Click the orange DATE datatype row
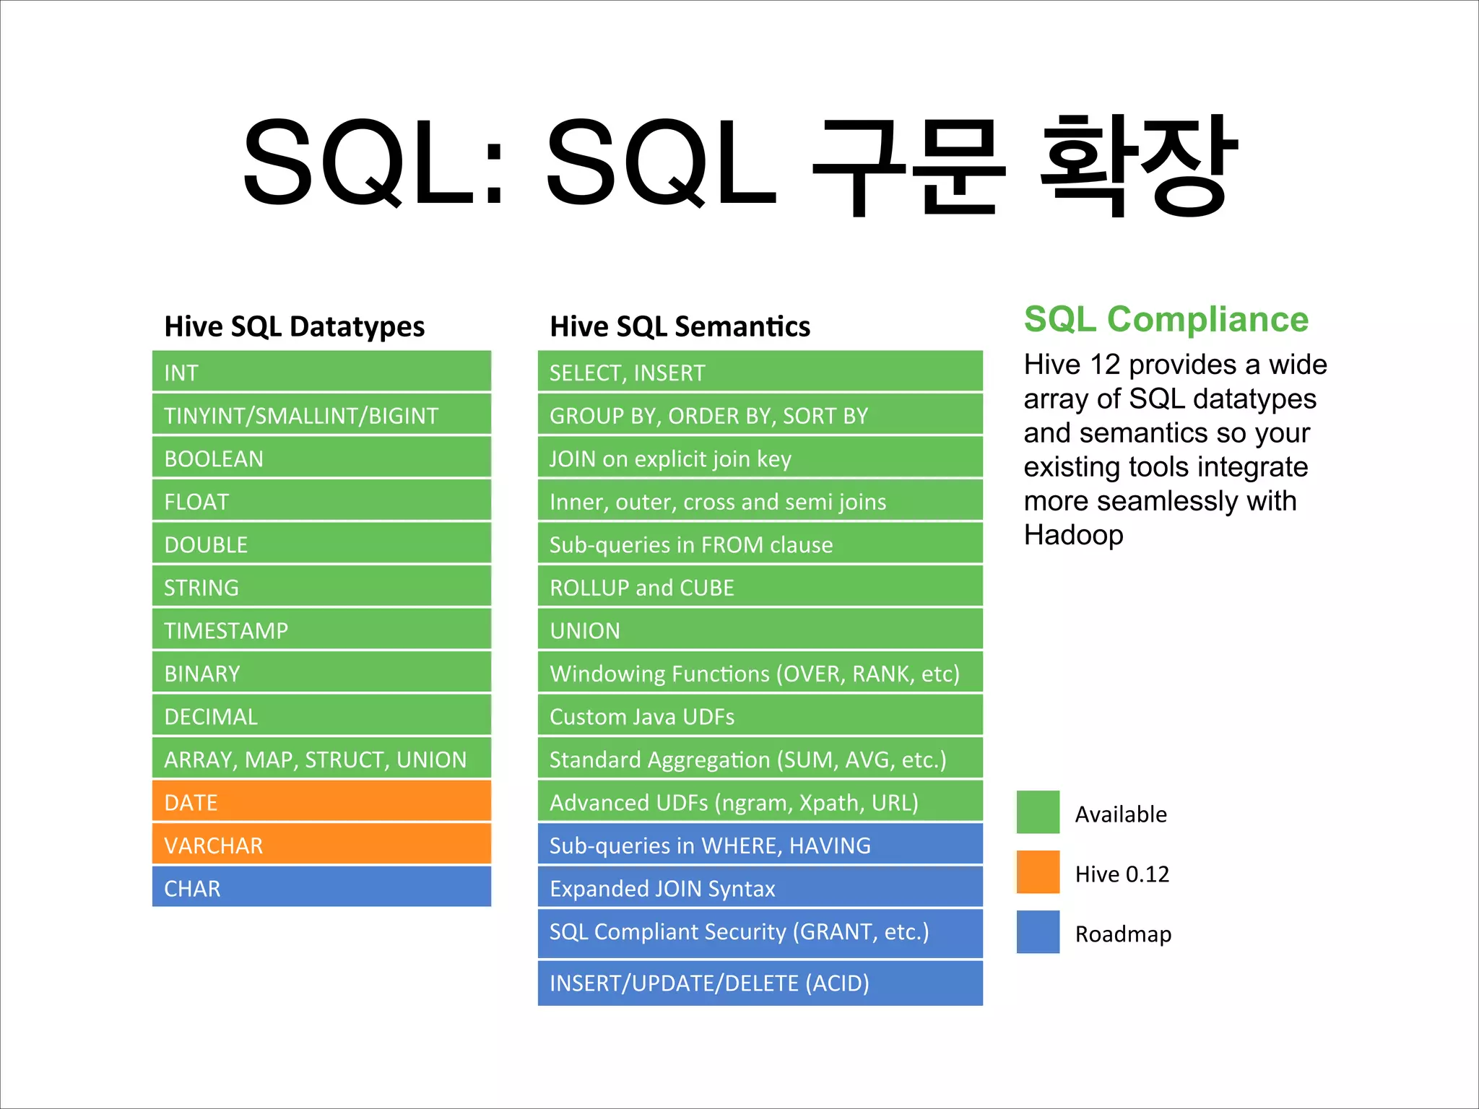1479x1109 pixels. [x=321, y=801]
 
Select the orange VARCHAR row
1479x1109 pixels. [x=321, y=845]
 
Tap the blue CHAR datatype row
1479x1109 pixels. [x=321, y=887]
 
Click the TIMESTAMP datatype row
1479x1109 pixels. [x=321, y=630]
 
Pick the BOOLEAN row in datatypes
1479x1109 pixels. [x=321, y=458]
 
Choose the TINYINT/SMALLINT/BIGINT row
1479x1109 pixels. [x=321, y=415]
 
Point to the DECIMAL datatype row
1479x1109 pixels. [x=321, y=716]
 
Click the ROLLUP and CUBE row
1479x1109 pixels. [x=760, y=587]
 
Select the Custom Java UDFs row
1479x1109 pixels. [x=760, y=716]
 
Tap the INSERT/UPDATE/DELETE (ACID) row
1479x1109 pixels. [x=760, y=983]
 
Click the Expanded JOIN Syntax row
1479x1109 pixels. [x=760, y=887]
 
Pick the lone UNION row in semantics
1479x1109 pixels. [x=760, y=630]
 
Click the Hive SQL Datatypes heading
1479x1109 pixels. [x=295, y=326]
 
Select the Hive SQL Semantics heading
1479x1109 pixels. [x=680, y=326]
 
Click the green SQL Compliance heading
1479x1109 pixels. [x=1166, y=319]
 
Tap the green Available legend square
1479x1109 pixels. [x=1038, y=812]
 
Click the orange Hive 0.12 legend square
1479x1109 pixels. [x=1038, y=872]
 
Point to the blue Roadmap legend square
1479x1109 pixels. [x=1038, y=932]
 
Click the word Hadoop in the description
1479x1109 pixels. [x=1073, y=535]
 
